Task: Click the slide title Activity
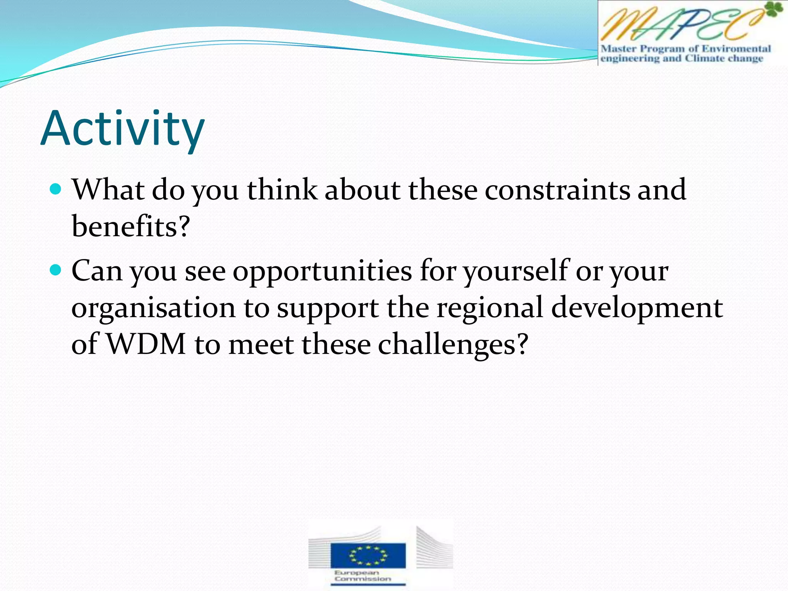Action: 122,129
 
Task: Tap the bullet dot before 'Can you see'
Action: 56,270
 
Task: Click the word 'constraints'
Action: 557,190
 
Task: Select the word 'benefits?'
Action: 131,226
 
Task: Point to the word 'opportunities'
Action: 322,271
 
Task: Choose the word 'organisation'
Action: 153,308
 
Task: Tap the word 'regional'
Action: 489,307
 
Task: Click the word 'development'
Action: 637,308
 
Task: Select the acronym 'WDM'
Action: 146,344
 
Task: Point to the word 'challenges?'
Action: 453,344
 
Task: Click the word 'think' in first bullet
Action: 282,190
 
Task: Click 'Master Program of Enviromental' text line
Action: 686,49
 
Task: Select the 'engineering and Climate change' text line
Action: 681,58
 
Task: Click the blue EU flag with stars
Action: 368,555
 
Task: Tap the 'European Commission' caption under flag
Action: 362,576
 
